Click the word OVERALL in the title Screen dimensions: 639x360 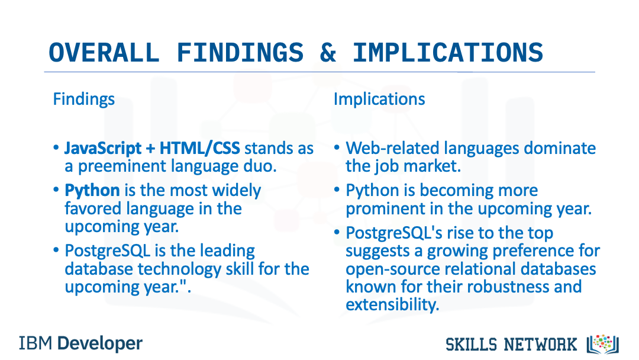pos(104,53)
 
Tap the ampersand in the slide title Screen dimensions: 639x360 pos(328,53)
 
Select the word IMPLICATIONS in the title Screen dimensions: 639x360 pos(448,53)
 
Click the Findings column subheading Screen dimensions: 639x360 pos(84,99)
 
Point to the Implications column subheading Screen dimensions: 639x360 pos(379,99)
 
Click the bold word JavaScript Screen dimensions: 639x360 pos(103,149)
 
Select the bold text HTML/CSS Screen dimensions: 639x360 pos(200,148)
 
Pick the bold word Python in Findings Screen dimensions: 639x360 pos(92,191)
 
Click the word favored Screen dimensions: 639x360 pos(95,209)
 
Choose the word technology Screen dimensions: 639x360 pos(179,269)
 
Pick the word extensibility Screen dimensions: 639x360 pos(392,304)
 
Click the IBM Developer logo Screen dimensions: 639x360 pos(80,343)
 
